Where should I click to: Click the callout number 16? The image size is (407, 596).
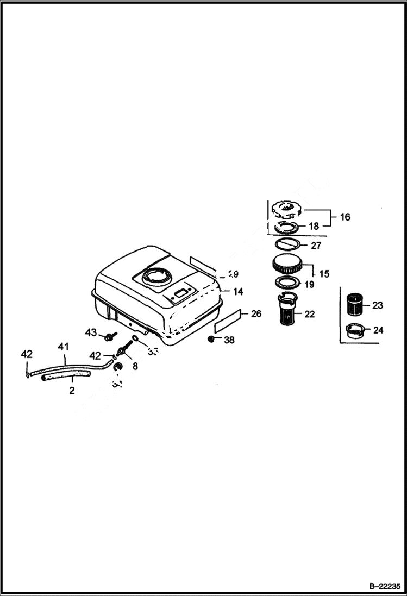(x=345, y=217)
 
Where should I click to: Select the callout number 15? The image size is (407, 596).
(x=324, y=274)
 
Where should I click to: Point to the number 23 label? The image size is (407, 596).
(x=377, y=305)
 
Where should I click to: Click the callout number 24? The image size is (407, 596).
(x=377, y=330)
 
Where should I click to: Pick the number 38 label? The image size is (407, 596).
(x=229, y=340)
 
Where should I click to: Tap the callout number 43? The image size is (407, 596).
(x=90, y=332)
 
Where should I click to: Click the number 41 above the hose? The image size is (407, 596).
(x=64, y=346)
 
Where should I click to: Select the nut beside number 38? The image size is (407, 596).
(x=211, y=340)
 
